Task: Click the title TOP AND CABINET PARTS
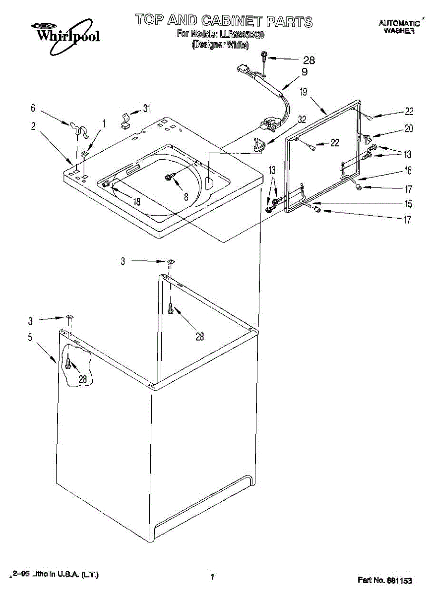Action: coord(224,21)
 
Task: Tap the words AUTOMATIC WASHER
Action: coord(399,27)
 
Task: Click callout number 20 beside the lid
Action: coord(409,128)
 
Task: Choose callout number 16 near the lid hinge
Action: coord(408,171)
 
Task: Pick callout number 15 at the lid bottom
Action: coord(408,203)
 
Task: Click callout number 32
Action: coord(302,119)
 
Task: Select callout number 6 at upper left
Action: coord(33,108)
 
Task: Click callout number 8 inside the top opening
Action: coord(186,196)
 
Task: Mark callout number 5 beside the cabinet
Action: coord(30,338)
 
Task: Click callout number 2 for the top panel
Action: coord(33,126)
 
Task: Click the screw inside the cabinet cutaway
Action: coord(68,365)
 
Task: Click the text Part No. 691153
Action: coord(385,580)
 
